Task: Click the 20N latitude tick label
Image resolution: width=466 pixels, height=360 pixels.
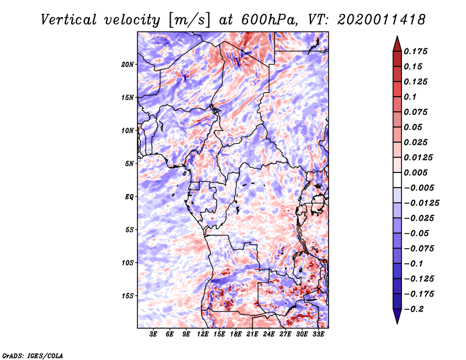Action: [127, 64]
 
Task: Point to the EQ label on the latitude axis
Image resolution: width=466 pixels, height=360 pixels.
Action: [129, 197]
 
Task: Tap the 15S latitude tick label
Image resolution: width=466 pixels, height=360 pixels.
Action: [127, 296]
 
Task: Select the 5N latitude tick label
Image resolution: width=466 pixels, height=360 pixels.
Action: [129, 164]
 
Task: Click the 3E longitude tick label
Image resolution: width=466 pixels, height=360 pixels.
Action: [153, 334]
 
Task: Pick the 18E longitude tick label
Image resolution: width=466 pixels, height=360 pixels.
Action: [236, 334]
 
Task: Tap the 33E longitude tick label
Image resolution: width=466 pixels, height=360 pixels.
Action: [318, 334]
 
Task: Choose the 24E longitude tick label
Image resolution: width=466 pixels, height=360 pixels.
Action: [269, 334]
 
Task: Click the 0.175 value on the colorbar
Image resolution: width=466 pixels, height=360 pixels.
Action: [415, 51]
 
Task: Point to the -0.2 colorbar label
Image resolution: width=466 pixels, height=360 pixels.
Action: [414, 309]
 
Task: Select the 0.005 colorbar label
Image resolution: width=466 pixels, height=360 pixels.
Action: [415, 172]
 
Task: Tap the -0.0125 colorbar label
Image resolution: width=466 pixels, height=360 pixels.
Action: [422, 203]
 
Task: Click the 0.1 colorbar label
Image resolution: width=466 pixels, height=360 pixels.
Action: [410, 97]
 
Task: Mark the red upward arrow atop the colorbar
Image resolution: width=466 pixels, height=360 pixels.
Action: [397, 44]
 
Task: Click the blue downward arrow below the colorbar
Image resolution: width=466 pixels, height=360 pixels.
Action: [397, 316]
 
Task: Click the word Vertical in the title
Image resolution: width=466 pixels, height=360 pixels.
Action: [68, 20]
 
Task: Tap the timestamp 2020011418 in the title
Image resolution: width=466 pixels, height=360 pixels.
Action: [381, 20]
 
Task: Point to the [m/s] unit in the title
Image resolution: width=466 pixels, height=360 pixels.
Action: [189, 20]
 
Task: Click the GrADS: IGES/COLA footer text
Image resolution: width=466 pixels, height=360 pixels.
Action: [33, 355]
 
